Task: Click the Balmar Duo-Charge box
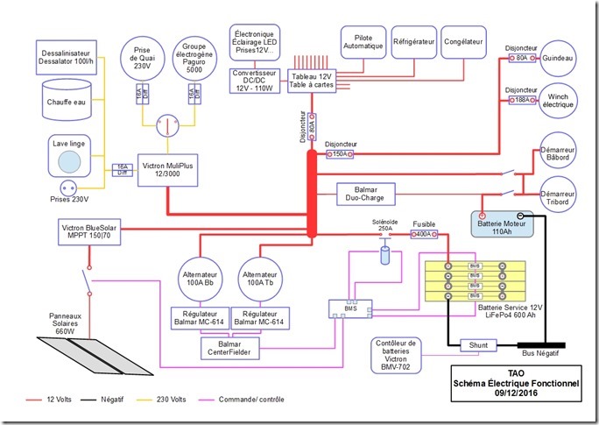366,192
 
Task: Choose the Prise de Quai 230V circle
142,59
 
